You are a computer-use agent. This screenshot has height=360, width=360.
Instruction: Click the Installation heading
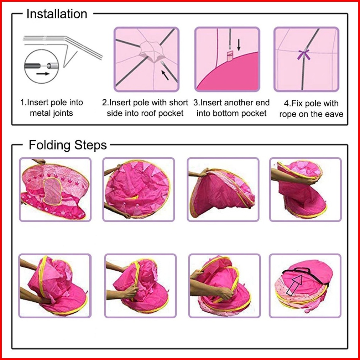point(57,14)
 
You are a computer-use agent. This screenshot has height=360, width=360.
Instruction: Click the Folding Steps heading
point(68,145)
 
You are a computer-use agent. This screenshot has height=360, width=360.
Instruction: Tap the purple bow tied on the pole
point(304,54)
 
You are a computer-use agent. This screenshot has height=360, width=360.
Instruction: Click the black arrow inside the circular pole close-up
point(43,74)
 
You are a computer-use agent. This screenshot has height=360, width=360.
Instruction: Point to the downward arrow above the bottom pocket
point(239,45)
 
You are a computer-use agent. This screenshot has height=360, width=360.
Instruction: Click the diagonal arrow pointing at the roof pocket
point(165,75)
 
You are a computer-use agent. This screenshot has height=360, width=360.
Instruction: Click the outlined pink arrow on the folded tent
point(294,285)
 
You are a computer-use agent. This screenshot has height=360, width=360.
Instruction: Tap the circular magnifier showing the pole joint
point(42,66)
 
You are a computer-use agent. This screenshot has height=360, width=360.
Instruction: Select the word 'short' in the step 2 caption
point(179,103)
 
